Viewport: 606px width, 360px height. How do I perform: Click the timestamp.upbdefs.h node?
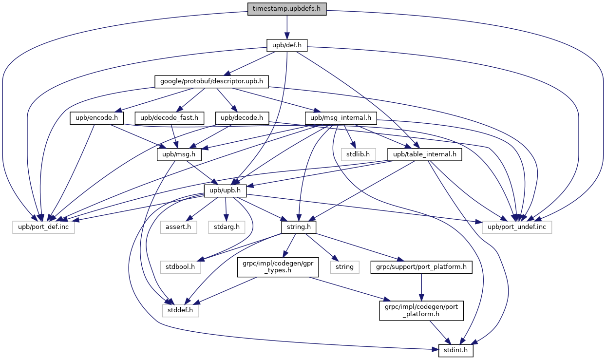287,9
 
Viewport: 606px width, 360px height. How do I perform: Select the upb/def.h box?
287,45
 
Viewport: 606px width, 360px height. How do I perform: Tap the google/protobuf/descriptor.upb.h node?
212,81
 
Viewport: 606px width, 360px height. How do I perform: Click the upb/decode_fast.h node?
170,118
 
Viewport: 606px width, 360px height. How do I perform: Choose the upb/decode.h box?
243,118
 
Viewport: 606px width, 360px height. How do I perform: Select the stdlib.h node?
358,154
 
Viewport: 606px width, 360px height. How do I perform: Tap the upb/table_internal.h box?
424,154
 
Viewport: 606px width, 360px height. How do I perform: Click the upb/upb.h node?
225,190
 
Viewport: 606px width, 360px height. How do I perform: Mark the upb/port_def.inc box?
43,227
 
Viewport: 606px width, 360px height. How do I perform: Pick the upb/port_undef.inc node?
517,227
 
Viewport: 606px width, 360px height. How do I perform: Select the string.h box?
299,227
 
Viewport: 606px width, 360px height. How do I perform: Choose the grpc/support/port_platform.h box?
421,267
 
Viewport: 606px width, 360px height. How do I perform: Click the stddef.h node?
181,310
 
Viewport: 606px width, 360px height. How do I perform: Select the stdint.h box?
456,350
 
